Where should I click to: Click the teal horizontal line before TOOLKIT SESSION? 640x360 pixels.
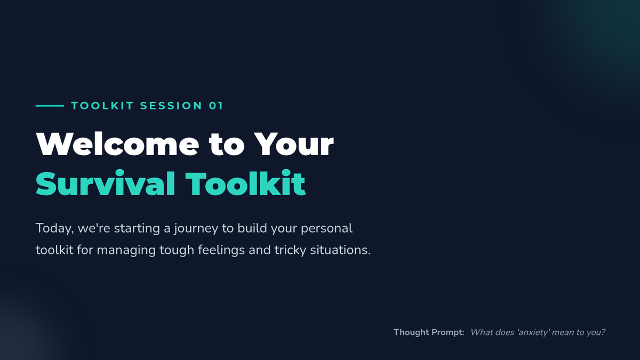50,106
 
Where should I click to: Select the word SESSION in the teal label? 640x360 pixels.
171,106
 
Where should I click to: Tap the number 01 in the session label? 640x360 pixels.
215,106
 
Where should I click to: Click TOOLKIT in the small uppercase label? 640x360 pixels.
102,106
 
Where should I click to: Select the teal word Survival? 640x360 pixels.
105,183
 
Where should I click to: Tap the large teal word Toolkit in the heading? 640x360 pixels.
245,182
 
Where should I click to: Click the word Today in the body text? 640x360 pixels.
54,229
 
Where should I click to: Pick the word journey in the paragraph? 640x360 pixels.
196,229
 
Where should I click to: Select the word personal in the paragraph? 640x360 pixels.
326,229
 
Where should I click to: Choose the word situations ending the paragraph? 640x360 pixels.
340,250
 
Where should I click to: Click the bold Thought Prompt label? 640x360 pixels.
429,332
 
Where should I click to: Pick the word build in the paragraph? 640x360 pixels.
252,228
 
